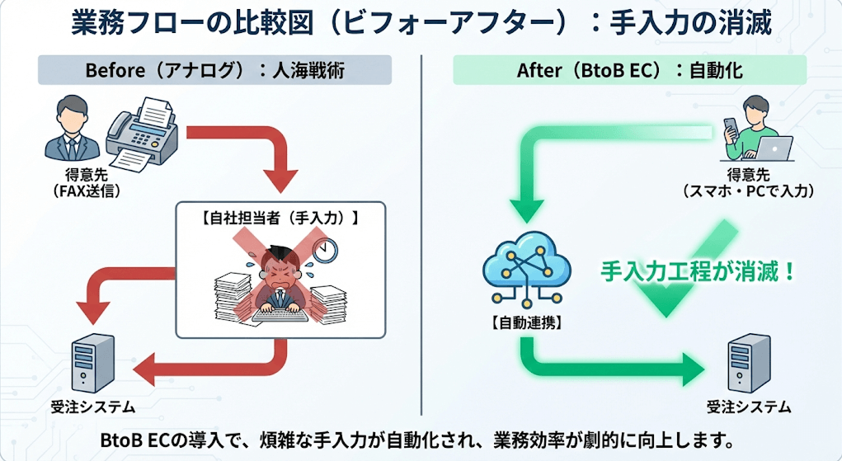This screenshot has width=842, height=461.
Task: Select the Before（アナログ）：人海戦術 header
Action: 214,70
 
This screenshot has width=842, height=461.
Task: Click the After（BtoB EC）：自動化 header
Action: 629,70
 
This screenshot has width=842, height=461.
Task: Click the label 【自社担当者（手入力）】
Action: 280,219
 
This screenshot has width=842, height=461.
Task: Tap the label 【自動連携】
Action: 526,323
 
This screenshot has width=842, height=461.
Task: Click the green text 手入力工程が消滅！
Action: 697,270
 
